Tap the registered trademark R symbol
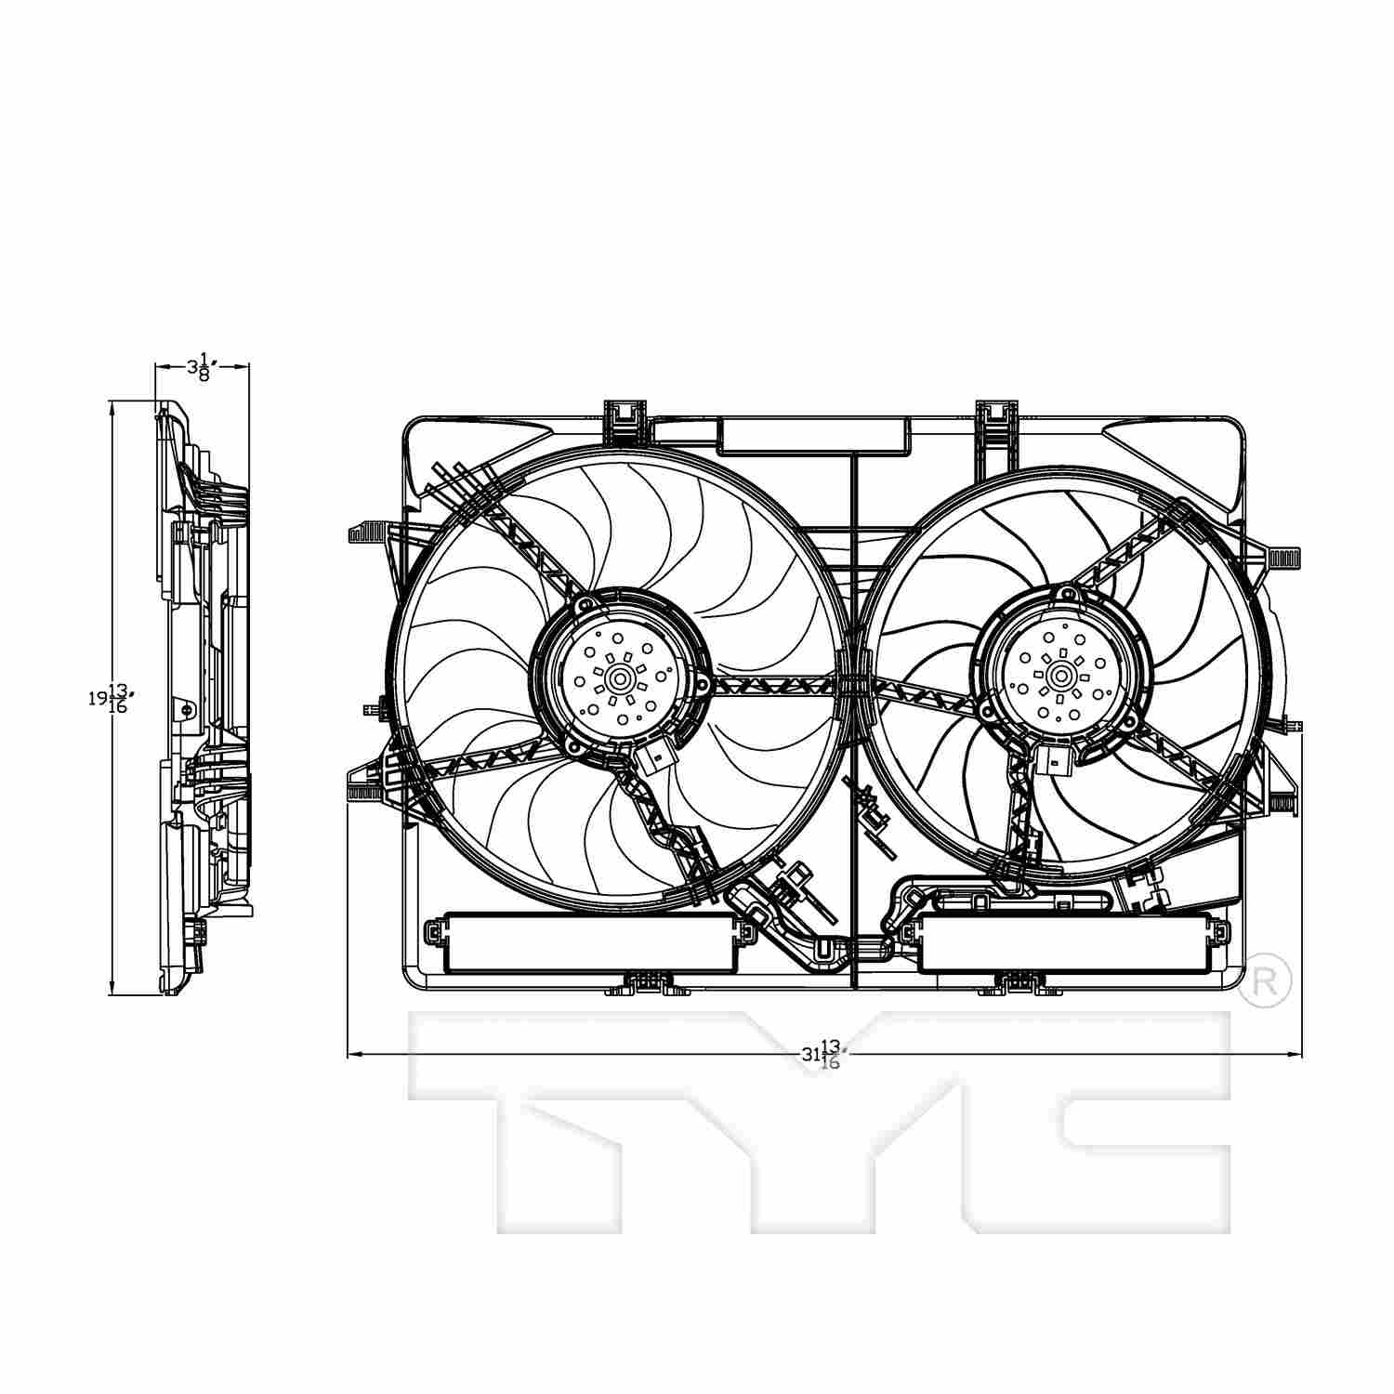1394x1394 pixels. coord(1265,980)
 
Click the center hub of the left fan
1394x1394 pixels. coord(619,679)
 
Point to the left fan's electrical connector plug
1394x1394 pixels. coord(655,760)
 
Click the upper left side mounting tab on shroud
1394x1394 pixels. coord(365,533)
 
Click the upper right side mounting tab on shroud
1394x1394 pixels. coord(1282,558)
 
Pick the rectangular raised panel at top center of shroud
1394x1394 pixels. coord(813,435)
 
